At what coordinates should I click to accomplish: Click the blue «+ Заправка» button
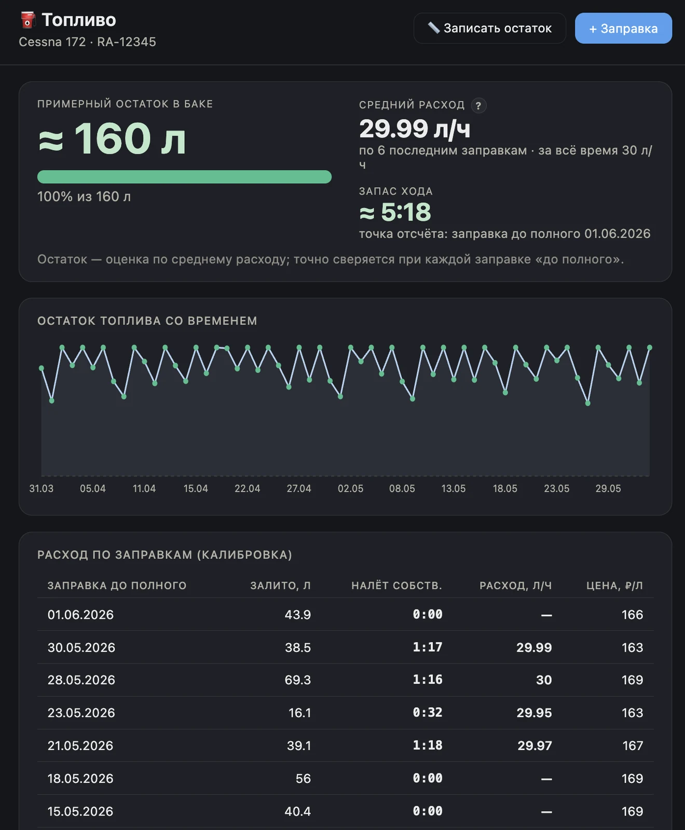pos(623,29)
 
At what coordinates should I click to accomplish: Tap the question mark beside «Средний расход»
pos(478,106)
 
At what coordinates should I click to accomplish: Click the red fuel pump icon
pos(28,20)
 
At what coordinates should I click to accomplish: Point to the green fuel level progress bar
pos(184,177)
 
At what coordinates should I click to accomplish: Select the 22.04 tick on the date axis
pos(247,489)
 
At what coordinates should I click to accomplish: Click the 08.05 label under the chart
pos(402,489)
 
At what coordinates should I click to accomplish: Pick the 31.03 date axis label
pos(42,489)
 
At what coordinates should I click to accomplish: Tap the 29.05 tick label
pos(608,489)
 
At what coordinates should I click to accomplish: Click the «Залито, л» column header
pos(280,586)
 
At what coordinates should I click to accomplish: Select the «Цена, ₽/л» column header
pos(614,586)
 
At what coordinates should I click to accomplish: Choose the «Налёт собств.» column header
pos(396,586)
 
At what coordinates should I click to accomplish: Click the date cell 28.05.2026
pos(81,680)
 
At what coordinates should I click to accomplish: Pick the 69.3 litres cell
pos(298,680)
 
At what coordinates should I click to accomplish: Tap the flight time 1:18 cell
pos(428,745)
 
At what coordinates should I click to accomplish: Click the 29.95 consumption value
pos(534,713)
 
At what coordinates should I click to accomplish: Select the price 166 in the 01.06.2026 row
pos(633,615)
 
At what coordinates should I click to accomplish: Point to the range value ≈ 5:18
pos(395,212)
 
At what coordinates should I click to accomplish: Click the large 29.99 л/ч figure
pos(415,129)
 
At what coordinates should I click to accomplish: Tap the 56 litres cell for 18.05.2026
pos(303,779)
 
